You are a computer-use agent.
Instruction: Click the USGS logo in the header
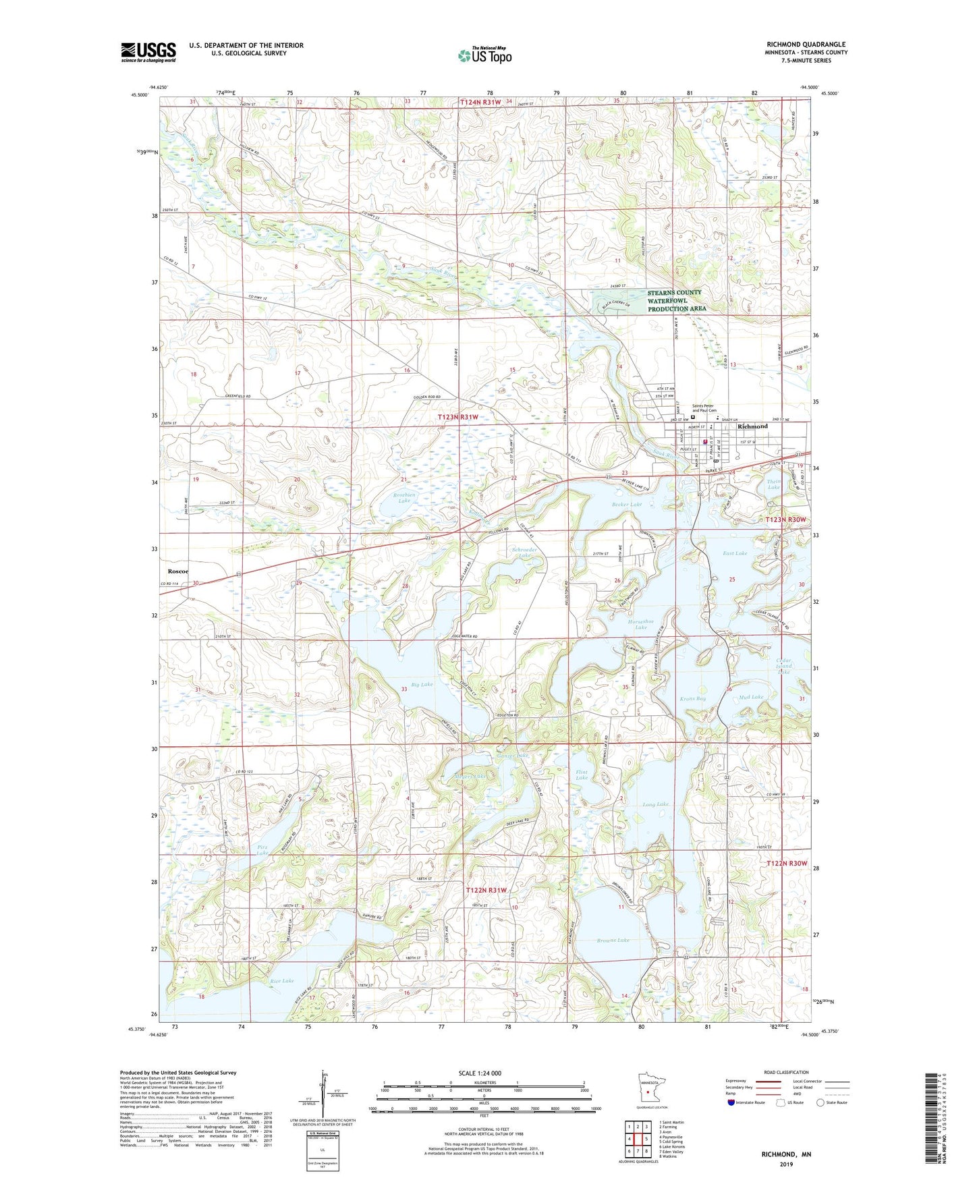coord(148,52)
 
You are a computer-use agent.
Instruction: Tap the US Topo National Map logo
coord(484,55)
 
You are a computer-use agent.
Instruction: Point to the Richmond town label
coord(752,426)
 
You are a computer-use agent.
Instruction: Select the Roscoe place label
coord(178,571)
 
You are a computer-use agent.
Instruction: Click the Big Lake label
coord(422,684)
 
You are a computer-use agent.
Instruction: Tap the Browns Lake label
coord(613,940)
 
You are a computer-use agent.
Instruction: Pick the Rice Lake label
coord(282,980)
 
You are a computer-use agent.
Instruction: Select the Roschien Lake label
coord(404,497)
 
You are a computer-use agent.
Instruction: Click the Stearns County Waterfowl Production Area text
coord(676,300)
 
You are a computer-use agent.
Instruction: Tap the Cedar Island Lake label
coord(783,666)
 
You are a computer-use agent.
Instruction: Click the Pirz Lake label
coord(262,849)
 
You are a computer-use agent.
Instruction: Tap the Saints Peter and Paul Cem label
coord(704,408)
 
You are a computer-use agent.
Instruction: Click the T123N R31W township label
coord(457,417)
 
